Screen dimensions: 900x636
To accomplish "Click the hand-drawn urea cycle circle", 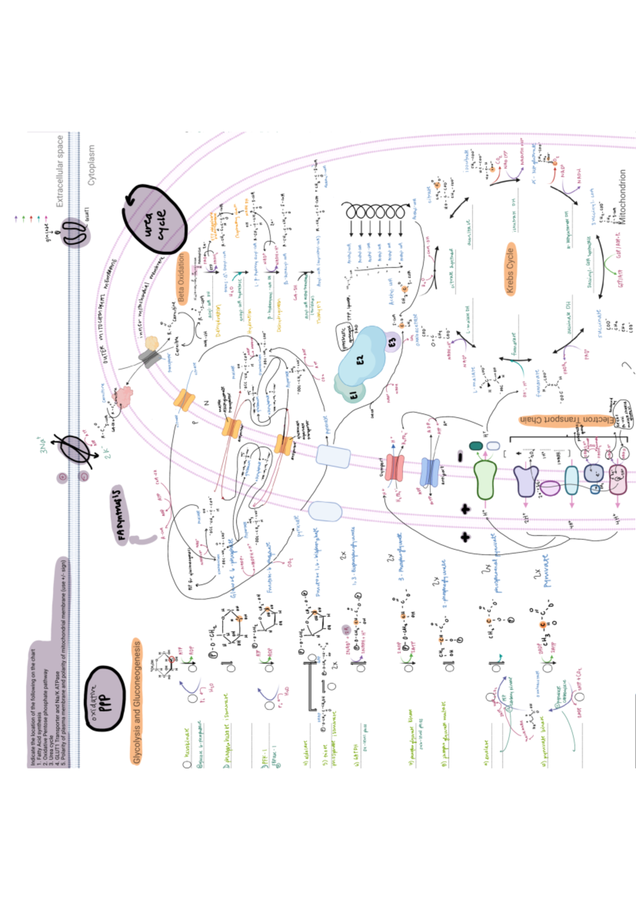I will click(x=157, y=219).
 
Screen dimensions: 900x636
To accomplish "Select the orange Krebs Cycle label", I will click(x=510, y=270).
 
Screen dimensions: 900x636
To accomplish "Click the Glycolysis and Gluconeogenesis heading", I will click(x=137, y=702).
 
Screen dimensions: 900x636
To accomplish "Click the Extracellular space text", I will click(x=60, y=171).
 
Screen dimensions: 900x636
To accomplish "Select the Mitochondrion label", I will click(x=622, y=196).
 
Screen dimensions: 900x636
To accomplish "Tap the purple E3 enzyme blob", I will click(x=391, y=342).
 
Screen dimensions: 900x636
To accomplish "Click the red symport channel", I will click(x=394, y=468).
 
